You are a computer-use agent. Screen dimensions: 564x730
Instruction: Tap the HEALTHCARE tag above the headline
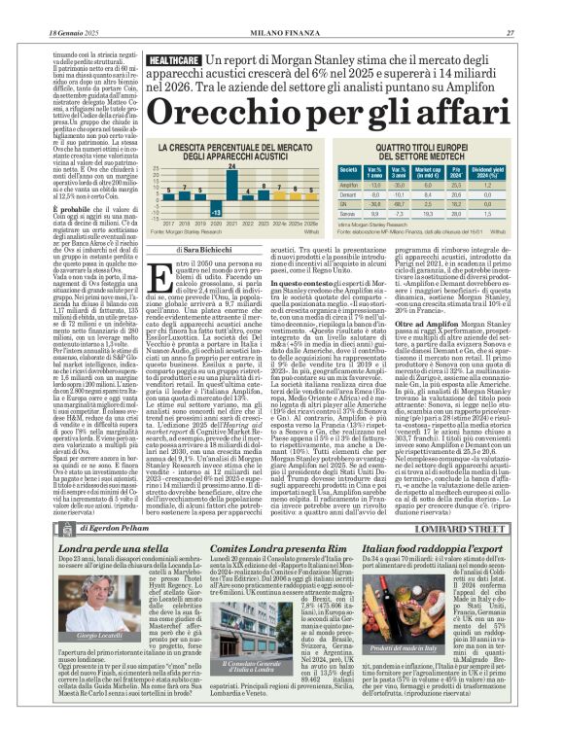tap(177, 60)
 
